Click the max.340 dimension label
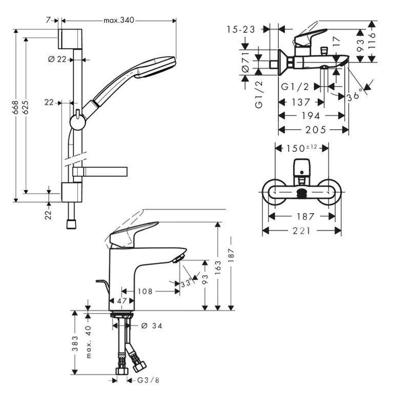coord(119,20)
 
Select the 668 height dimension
coord(16,106)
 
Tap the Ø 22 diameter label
coord(57,59)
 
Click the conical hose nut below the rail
coord(71,223)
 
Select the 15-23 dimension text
coord(241,30)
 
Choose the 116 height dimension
coord(372,40)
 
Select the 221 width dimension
coord(302,231)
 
